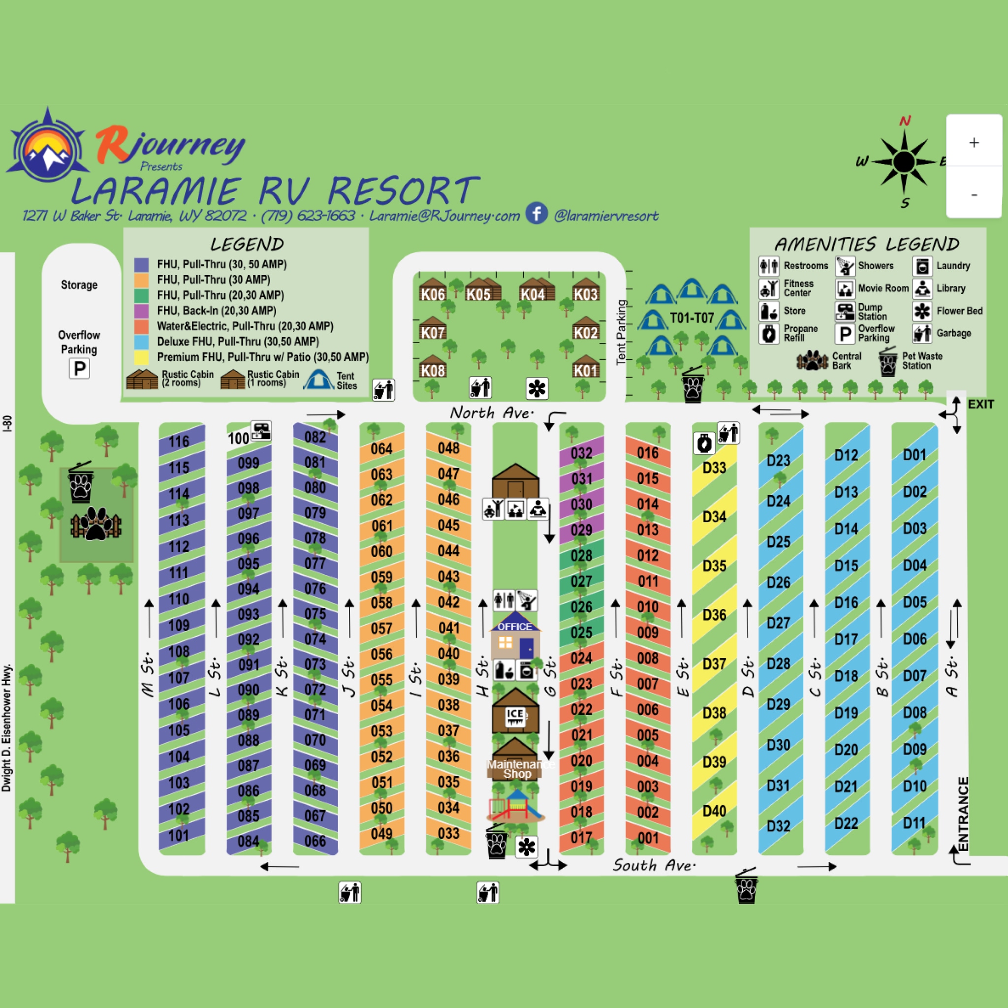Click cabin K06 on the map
433,294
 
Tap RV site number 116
179,441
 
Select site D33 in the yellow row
714,468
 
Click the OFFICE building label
514,627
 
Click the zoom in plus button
974,142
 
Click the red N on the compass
905,121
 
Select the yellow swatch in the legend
141,357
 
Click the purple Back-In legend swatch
141,311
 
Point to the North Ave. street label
492,413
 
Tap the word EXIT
981,405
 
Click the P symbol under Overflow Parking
79,369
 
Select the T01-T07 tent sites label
692,318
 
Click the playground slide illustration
516,806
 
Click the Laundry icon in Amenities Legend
922,266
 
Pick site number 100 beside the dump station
238,438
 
